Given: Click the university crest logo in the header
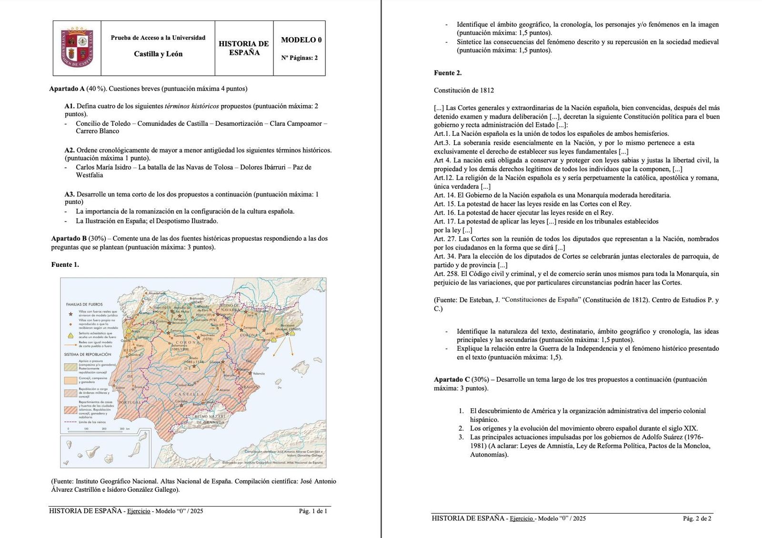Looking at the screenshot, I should coord(77,48).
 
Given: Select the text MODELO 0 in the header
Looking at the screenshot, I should coord(301,40).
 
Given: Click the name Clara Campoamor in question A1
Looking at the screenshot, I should coord(296,123).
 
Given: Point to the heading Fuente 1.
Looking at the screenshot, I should coord(65,264).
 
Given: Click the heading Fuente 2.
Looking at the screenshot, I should coord(448,73).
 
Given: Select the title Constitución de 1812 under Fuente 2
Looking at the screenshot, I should coord(464,90).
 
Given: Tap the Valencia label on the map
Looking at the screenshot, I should coord(259,373).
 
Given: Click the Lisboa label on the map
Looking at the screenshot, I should coord(120,387).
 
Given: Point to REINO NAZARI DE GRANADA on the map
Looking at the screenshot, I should coord(210,419).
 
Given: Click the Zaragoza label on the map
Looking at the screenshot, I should coord(250,328).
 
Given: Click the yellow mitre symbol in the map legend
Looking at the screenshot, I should coord(70,335).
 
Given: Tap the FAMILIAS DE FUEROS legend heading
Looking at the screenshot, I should coord(84,304).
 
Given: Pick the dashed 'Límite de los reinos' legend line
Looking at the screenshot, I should coord(70,422).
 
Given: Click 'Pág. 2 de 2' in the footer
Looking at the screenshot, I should coord(697,518).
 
